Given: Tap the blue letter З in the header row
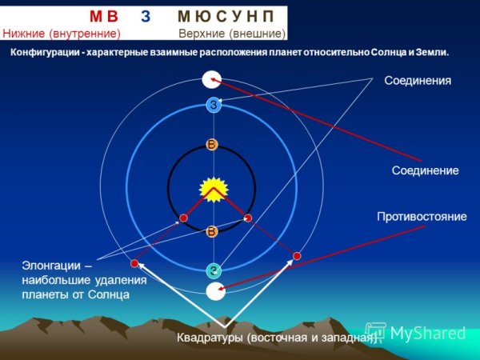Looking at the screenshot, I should coord(146,16).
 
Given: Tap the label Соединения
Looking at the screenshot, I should coord(418,81).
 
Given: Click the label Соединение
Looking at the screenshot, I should coord(425,171).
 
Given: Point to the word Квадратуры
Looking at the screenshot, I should coord(210,338).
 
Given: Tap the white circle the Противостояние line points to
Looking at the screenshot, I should coord(215,291).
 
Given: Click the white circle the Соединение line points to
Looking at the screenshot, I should coord(212,79).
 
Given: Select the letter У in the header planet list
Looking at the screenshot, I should coord(238,16).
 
